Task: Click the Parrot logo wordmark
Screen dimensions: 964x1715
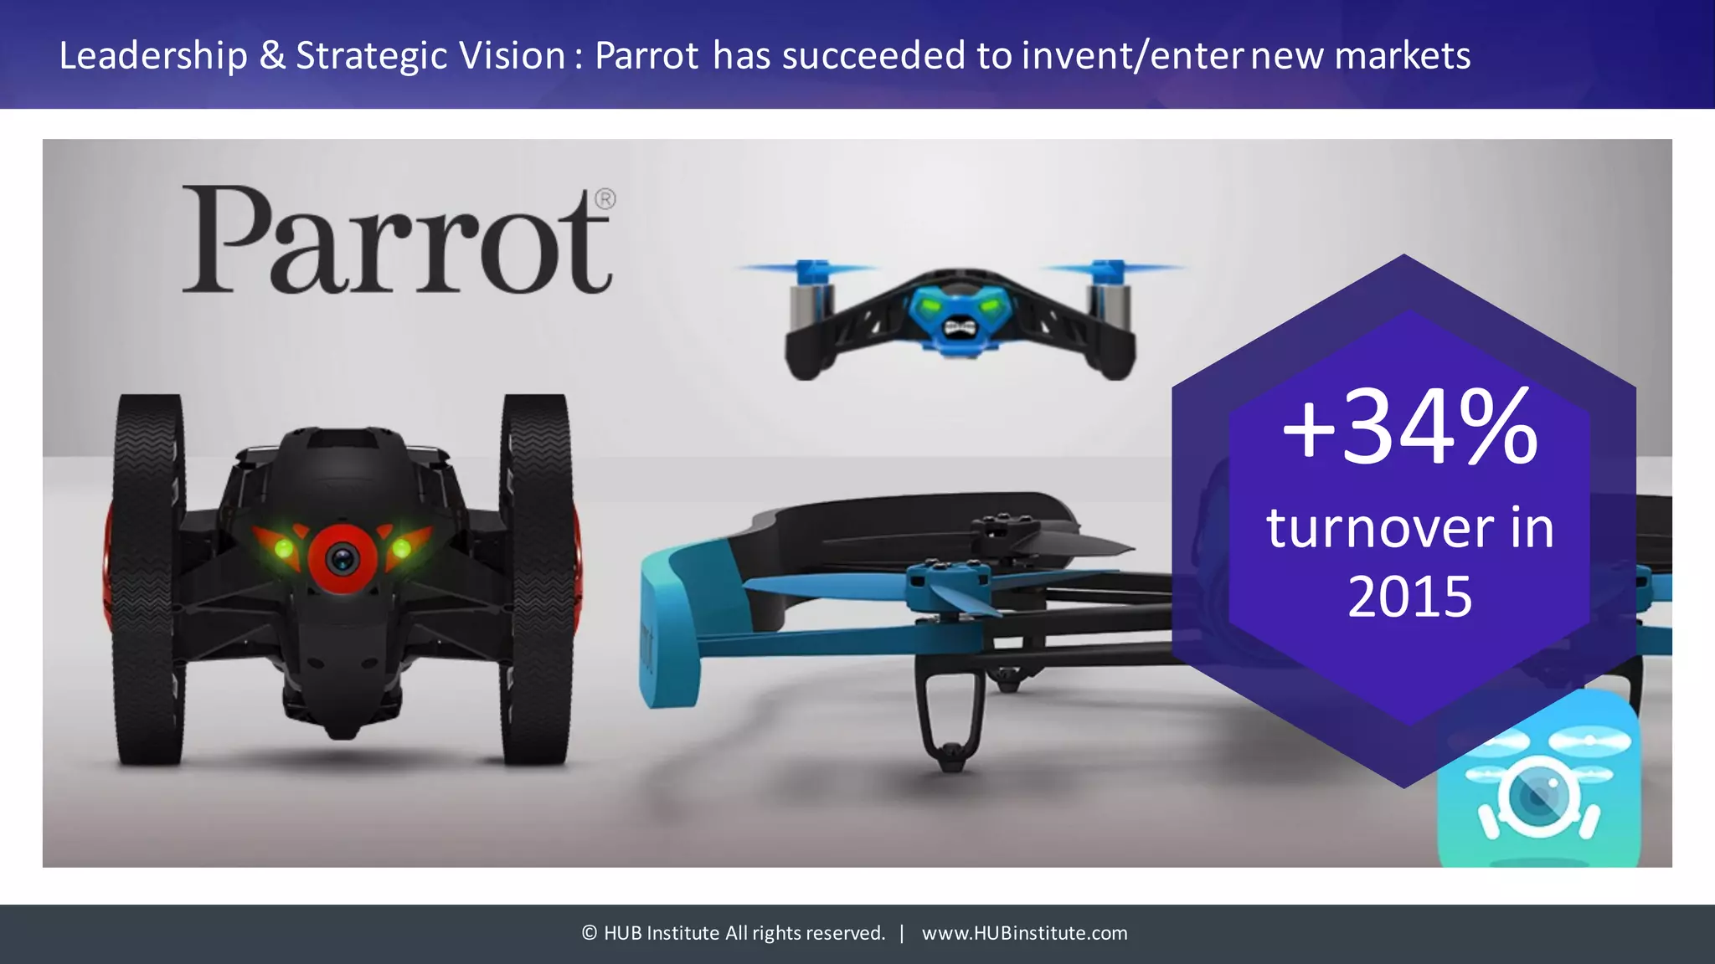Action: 396,241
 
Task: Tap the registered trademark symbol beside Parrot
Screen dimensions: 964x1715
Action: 605,199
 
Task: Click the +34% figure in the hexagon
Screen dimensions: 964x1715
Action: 1409,429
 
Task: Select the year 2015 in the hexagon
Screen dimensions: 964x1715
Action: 1409,597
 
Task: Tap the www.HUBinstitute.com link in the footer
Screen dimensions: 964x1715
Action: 1024,933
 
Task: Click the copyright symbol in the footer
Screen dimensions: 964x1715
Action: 590,933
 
